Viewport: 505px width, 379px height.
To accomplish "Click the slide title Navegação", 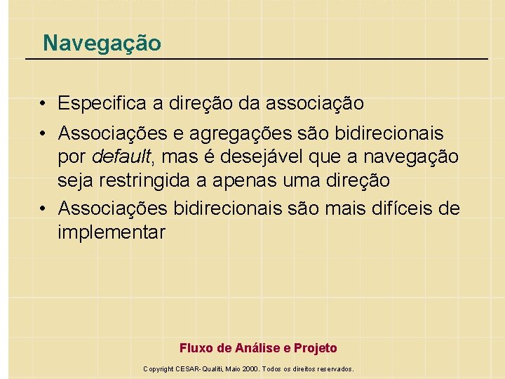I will click(x=102, y=44).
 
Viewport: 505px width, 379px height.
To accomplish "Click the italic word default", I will click(x=121, y=156).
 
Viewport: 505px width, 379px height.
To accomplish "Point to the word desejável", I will click(x=276, y=156).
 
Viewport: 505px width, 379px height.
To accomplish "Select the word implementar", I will click(x=112, y=232).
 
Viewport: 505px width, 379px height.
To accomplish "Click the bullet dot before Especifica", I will click(x=43, y=105).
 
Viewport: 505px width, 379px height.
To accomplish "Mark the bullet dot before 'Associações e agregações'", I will click(x=43, y=133).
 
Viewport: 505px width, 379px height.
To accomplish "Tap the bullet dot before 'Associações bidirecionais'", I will click(x=43, y=209).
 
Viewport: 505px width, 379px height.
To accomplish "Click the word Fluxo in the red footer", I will click(x=196, y=348).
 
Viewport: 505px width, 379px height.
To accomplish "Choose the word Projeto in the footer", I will click(x=315, y=348).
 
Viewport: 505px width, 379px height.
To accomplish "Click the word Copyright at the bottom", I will click(x=158, y=368).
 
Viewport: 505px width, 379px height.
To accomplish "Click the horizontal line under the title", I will click(x=257, y=58).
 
